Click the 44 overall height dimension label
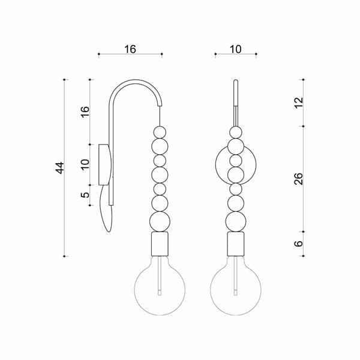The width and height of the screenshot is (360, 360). coord(61,168)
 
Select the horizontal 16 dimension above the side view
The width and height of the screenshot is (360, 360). coord(130,49)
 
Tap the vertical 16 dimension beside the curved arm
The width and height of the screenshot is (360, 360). coord(85,112)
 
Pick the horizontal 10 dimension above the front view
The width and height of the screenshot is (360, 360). coord(236,49)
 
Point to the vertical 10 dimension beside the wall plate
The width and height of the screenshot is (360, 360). coord(85,164)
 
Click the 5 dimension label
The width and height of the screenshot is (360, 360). coord(85,195)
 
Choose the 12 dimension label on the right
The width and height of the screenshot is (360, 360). coord(298,103)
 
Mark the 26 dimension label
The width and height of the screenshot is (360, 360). coord(298,179)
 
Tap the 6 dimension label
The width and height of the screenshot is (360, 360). coord(298,244)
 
